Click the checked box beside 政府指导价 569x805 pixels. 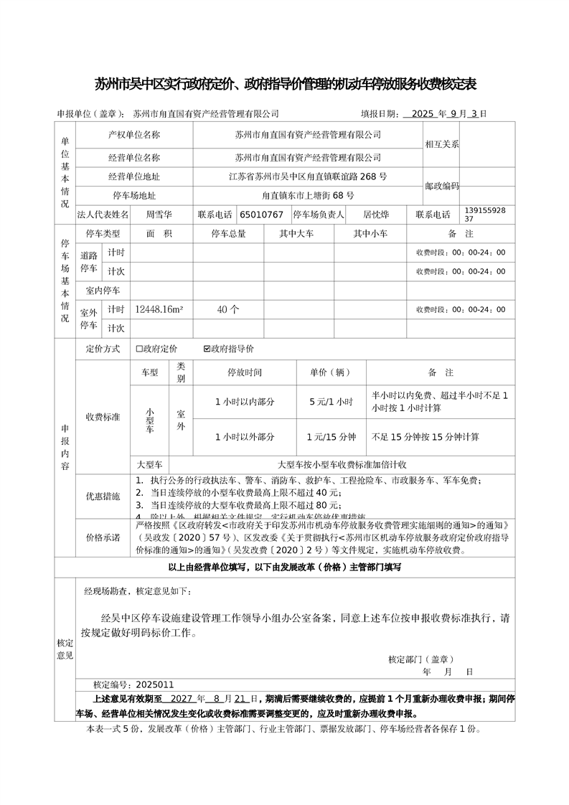207,349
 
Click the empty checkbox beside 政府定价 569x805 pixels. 140,349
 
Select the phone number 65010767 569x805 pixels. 261,214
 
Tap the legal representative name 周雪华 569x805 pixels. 159,214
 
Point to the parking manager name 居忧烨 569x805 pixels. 376,214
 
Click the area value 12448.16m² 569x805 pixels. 159,309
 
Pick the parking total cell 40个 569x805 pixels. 227,309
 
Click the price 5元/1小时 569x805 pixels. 331,402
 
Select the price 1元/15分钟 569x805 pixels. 331,436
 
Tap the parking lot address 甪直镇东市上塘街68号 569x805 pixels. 308,195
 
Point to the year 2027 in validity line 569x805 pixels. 178,697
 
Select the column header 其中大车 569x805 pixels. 296,234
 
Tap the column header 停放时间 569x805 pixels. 245,373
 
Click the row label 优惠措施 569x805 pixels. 103,496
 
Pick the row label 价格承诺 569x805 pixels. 103,537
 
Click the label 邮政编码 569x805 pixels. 441,186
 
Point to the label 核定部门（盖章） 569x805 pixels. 420,659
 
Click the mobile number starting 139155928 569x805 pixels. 485,214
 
